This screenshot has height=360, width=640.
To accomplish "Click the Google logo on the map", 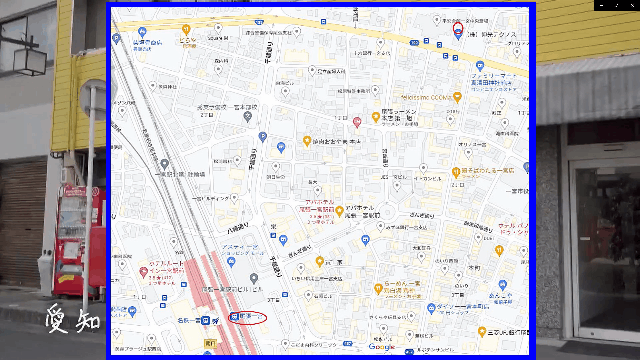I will [x=382, y=347].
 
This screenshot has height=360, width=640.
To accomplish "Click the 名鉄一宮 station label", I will [x=189, y=320].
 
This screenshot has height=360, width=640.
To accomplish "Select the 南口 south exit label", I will [x=210, y=343].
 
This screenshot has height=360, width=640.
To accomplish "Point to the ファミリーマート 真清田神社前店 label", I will [x=493, y=79].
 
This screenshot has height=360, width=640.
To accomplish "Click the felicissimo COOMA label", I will [x=426, y=98].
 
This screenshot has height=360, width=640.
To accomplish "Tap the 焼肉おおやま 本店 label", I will [x=336, y=142].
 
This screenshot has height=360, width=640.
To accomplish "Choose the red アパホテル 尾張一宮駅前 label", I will [x=317, y=206].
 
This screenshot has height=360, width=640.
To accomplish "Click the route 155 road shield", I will [x=259, y=22].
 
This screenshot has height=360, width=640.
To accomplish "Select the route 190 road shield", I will [x=414, y=43].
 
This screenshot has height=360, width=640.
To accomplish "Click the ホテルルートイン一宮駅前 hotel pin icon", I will [x=143, y=272].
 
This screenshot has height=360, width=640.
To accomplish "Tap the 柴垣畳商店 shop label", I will [x=147, y=43].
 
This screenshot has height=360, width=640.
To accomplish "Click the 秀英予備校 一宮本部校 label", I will [x=227, y=107].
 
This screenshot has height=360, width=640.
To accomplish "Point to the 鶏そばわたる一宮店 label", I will [x=487, y=171].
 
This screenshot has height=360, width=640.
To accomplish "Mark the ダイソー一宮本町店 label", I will [x=463, y=307].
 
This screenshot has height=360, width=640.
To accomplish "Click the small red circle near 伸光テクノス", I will [x=458, y=28].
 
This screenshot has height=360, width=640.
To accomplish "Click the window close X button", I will [x=632, y=5].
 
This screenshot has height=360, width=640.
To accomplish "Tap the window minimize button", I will [x=602, y=5].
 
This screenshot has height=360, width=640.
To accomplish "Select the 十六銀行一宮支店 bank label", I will [x=371, y=53].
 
